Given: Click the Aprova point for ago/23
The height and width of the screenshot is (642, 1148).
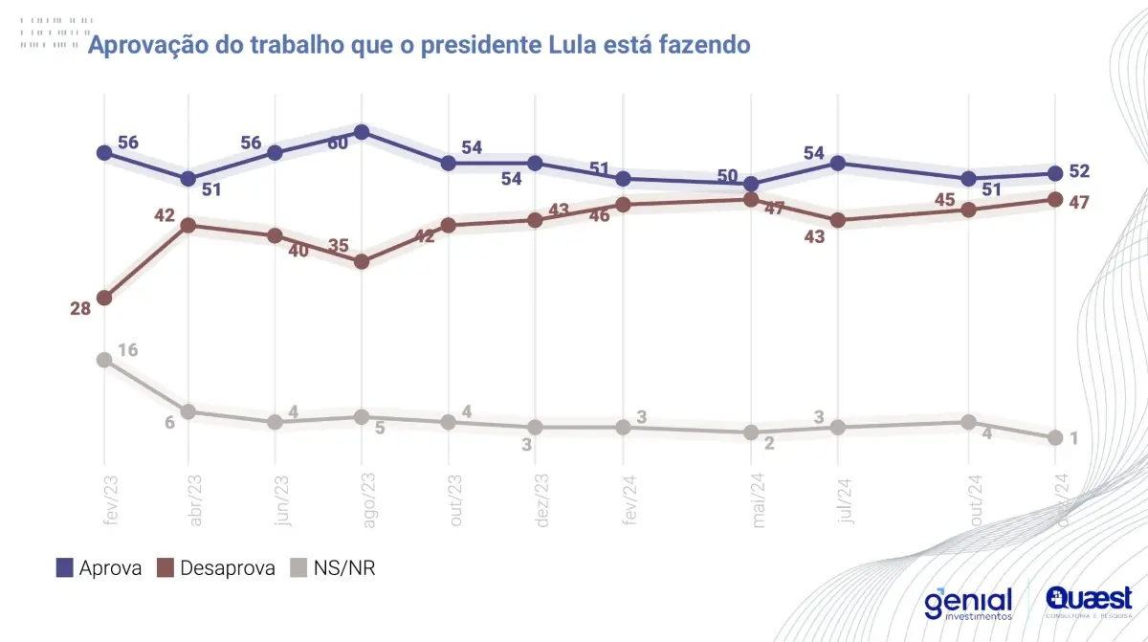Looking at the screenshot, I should pyautogui.click(x=362, y=132).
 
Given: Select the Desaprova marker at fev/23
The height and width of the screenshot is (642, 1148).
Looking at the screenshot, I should pyautogui.click(x=104, y=298).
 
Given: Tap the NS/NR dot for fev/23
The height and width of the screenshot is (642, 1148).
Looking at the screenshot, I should pyautogui.click(x=104, y=360).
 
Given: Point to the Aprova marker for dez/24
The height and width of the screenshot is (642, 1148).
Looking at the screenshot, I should pyautogui.click(x=1055, y=173).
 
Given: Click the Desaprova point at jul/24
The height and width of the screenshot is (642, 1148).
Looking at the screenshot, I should pyautogui.click(x=838, y=220).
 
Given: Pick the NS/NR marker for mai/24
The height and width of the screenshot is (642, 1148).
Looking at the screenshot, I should pyautogui.click(x=751, y=432).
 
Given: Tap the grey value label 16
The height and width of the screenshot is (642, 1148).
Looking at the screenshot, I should pyautogui.click(x=127, y=349).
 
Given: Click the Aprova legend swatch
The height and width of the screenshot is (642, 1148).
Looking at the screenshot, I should pyautogui.click(x=65, y=568).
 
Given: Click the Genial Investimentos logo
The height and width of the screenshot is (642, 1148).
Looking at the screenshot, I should pyautogui.click(x=967, y=604).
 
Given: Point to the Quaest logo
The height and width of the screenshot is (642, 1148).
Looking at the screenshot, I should pyautogui.click(x=1089, y=600).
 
